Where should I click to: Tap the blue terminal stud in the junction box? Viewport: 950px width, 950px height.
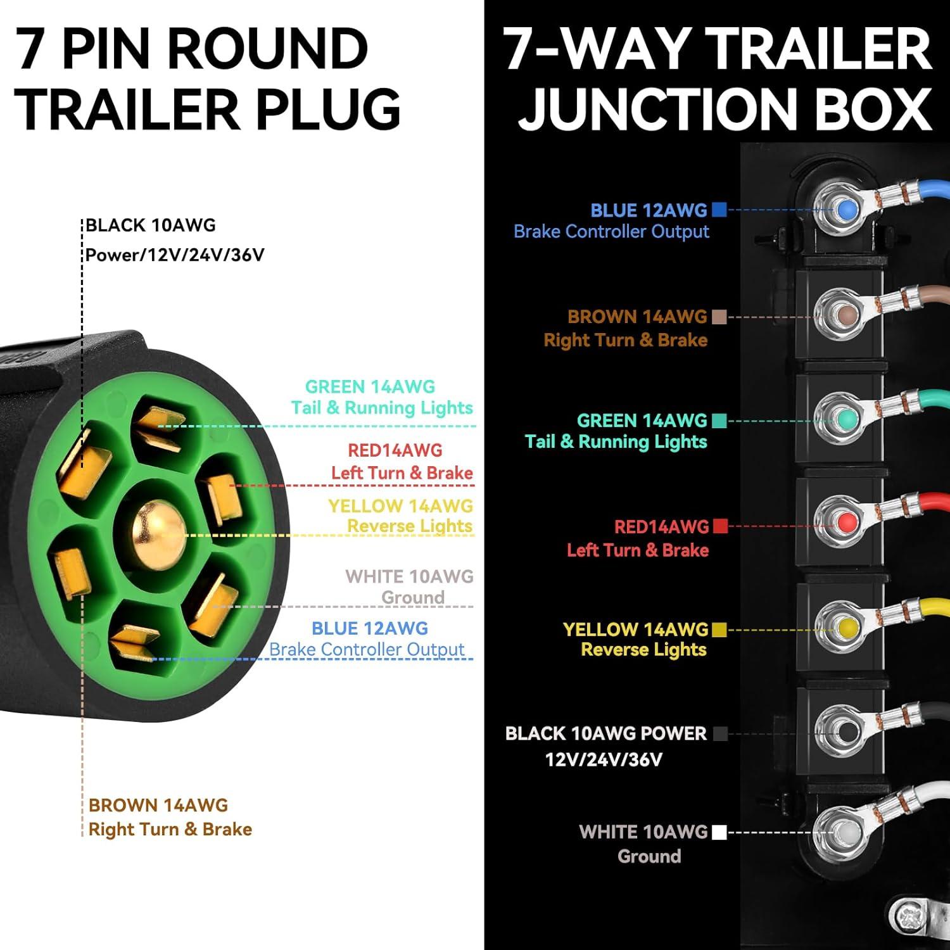click(x=846, y=209)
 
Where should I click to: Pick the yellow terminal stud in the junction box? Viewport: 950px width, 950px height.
click(x=847, y=628)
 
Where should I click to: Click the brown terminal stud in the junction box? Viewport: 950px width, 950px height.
click(x=847, y=314)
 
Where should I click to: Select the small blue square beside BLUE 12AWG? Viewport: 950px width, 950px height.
click(x=719, y=210)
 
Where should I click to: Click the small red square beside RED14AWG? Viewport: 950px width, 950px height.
click(x=719, y=526)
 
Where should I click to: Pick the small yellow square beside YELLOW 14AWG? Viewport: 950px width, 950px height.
click(x=719, y=630)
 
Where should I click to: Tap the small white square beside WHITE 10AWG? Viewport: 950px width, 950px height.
click(x=719, y=832)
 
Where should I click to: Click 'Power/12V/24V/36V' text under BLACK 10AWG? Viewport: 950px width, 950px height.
click(x=175, y=255)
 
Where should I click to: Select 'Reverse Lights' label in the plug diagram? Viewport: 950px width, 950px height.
click(x=410, y=526)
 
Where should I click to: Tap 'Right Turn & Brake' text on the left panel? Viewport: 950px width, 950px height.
click(x=170, y=829)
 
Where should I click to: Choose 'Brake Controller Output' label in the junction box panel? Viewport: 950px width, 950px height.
click(x=611, y=232)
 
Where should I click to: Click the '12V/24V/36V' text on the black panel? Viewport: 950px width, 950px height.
click(x=604, y=759)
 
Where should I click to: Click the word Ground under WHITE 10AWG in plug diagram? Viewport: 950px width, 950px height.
click(x=413, y=597)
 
